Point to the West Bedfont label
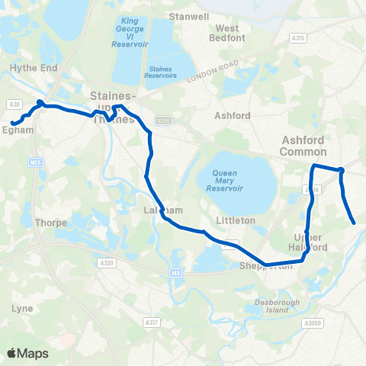[226, 33]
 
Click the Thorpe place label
[51, 223]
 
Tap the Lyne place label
[22, 308]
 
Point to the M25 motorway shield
[35, 162]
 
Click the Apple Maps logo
[27, 353]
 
